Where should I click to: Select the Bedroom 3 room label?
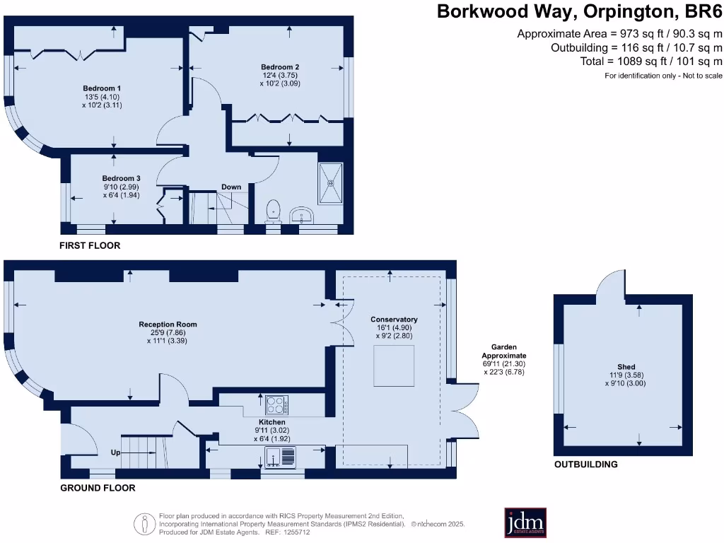pos(117,178)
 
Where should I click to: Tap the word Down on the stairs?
pos(231,187)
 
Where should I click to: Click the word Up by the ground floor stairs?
pos(115,452)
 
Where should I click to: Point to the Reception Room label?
pos(168,325)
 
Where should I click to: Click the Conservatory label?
pos(394,320)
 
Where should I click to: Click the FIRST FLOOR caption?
pos(90,245)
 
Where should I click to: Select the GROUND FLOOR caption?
pos(98,488)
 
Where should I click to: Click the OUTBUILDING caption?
pos(585,465)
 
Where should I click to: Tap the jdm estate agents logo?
pos(525,523)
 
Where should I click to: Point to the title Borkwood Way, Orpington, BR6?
pos(579,11)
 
